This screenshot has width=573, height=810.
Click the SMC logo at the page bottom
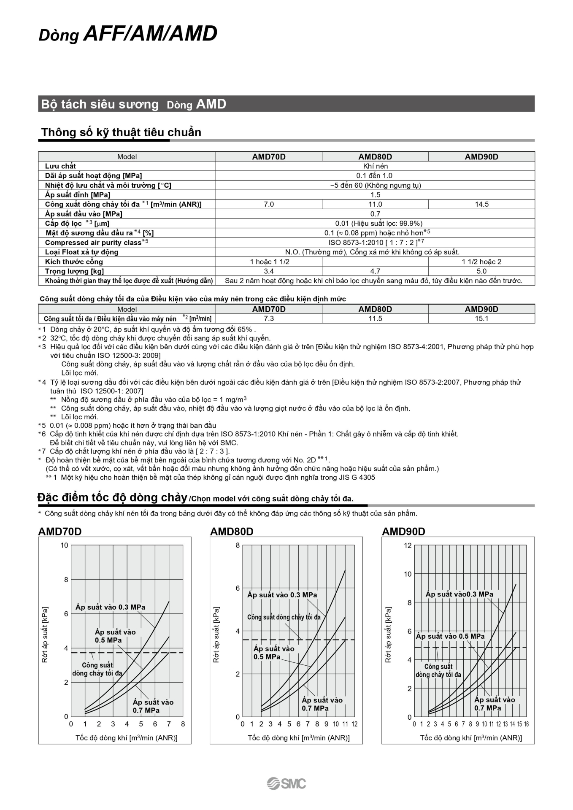pyautogui.click(x=286, y=783)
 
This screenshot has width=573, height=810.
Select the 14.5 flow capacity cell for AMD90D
pyautogui.click(x=481, y=204)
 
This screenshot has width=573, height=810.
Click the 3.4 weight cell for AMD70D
pyautogui.click(x=269, y=271)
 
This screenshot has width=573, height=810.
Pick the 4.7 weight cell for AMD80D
pyautogui.click(x=375, y=271)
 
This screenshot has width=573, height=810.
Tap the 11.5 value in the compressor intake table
pyautogui.click(x=375, y=319)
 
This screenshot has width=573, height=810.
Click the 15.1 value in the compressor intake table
pyautogui.click(x=481, y=319)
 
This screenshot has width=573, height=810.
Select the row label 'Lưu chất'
pyautogui.click(x=60, y=166)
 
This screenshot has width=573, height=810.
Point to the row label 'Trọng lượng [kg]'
pyautogui.click(x=74, y=271)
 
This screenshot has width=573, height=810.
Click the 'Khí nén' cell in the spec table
pyautogui.click(x=375, y=166)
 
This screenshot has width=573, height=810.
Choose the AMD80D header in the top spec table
pyautogui.click(x=375, y=157)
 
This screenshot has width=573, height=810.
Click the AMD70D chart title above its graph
pyautogui.click(x=60, y=532)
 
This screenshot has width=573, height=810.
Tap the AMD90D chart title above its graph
pyautogui.click(x=403, y=532)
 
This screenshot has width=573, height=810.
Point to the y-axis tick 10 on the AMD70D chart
pyautogui.click(x=64, y=545)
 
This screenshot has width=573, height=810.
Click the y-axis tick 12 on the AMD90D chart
pyautogui.click(x=408, y=545)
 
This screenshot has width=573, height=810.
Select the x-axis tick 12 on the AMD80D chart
pyautogui.click(x=354, y=724)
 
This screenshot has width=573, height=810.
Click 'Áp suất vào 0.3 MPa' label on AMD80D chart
pyautogui.click(x=282, y=595)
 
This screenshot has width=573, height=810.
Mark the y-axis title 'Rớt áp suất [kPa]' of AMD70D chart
pyautogui.click(x=45, y=634)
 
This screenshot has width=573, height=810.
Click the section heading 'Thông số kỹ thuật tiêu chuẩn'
pyautogui.click(x=121, y=132)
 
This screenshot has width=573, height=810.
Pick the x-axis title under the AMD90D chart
pyautogui.click(x=471, y=738)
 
